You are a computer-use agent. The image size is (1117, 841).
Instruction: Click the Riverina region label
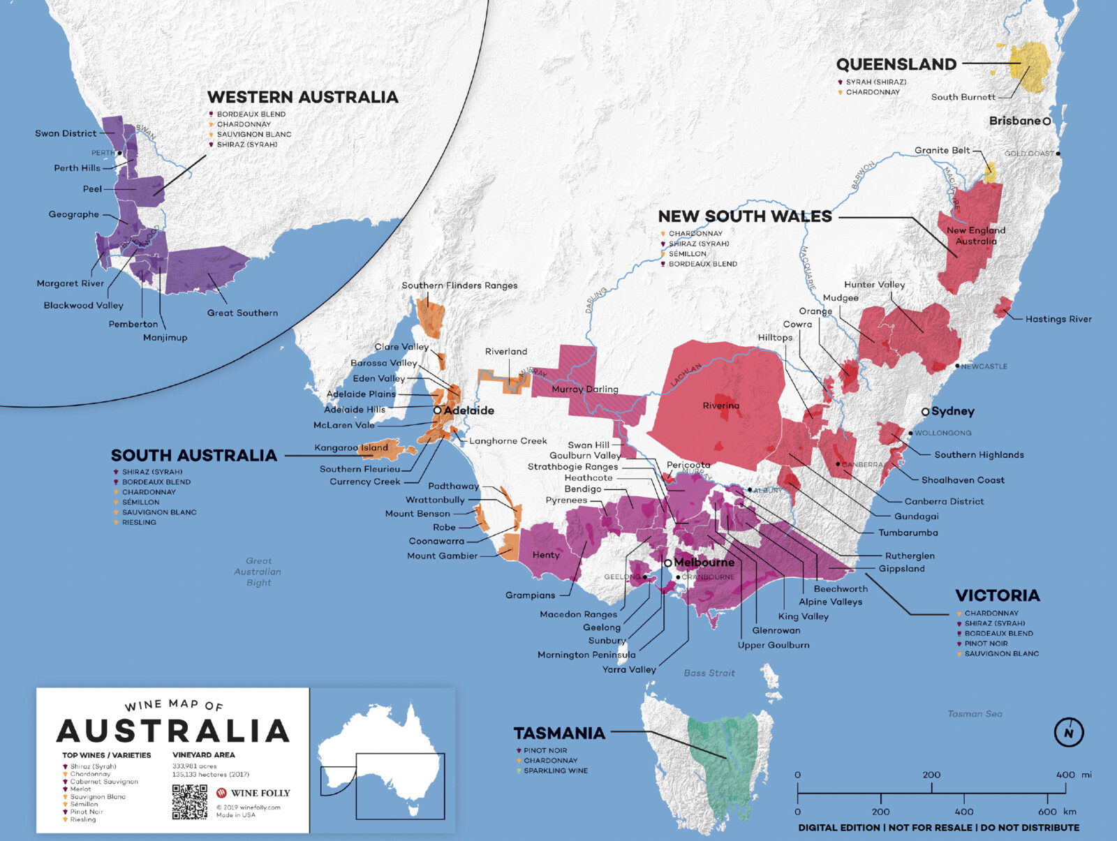pyautogui.click(x=720, y=405)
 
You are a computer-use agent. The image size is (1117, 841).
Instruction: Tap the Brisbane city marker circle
pyautogui.click(x=1046, y=121)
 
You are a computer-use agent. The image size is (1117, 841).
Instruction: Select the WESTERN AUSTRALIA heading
pyautogui.click(x=302, y=97)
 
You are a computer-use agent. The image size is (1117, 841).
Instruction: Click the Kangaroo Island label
pyautogui.click(x=351, y=447)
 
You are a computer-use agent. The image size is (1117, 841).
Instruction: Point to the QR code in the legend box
pyautogui.click(x=190, y=801)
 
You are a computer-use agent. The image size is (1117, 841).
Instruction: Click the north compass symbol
pyautogui.click(x=1068, y=732)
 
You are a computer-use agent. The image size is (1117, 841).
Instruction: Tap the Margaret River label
pyautogui.click(x=70, y=283)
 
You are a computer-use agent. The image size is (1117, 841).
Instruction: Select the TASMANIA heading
pyautogui.click(x=559, y=733)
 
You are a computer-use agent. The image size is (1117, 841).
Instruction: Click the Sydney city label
pyautogui.click(x=952, y=411)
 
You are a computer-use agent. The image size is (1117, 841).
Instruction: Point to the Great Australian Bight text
pyautogui.click(x=258, y=572)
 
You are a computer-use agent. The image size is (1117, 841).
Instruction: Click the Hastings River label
pyautogui.click(x=1058, y=319)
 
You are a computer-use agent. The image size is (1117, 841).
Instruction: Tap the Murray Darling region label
pyautogui.click(x=584, y=389)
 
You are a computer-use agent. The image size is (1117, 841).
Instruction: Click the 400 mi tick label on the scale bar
pyautogui.click(x=1065, y=775)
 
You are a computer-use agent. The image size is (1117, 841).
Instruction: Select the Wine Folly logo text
pyautogui.click(x=260, y=793)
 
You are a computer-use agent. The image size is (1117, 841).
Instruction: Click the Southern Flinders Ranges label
pyautogui.click(x=459, y=285)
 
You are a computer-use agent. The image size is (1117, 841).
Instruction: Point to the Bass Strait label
pyautogui.click(x=709, y=673)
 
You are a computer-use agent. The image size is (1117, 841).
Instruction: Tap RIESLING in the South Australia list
pyautogui.click(x=139, y=522)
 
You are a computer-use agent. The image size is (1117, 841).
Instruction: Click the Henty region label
pyautogui.click(x=545, y=555)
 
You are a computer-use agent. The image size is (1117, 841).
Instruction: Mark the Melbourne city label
pyautogui.click(x=704, y=562)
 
